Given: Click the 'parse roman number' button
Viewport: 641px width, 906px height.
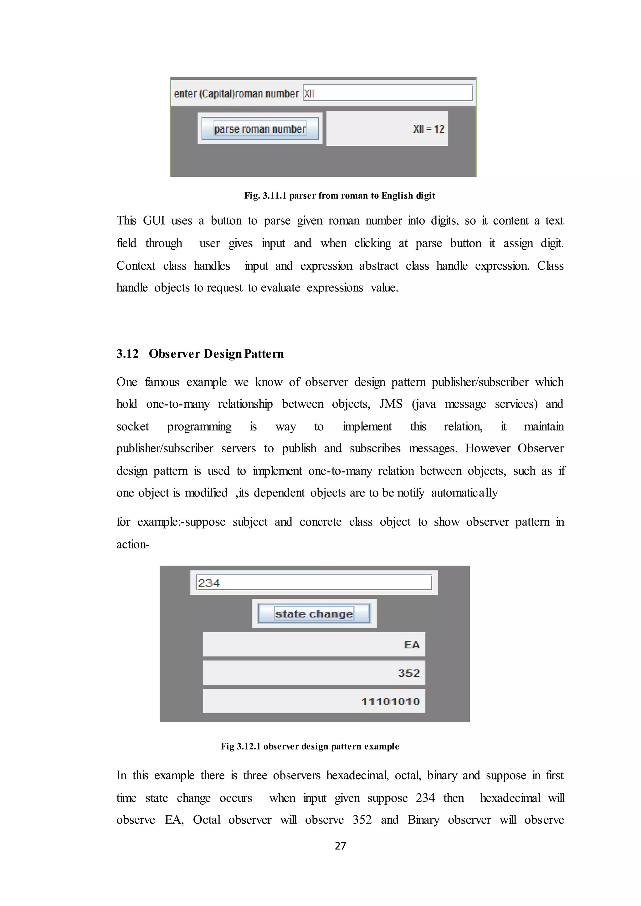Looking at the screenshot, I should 260,129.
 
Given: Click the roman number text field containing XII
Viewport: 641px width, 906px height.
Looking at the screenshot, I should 387,93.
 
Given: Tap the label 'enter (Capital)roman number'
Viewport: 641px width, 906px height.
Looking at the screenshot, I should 236,94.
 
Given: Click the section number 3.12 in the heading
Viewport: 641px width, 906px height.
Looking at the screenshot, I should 127,354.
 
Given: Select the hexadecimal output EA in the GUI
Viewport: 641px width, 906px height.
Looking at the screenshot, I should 412,645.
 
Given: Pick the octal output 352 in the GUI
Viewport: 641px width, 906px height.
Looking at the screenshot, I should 408,673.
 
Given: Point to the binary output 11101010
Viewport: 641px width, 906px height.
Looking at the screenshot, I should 390,702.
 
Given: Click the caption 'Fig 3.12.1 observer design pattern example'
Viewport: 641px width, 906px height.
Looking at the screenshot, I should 310,746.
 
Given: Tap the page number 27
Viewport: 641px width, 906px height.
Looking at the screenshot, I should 340,846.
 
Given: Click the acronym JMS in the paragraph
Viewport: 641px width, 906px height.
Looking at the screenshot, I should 391,404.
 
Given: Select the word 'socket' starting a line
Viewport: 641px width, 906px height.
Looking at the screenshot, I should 133,426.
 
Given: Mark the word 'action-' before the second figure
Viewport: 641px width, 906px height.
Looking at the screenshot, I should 133,545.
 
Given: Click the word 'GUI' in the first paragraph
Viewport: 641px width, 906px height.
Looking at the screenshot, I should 154,221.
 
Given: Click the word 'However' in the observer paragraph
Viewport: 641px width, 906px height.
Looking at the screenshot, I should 487,449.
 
